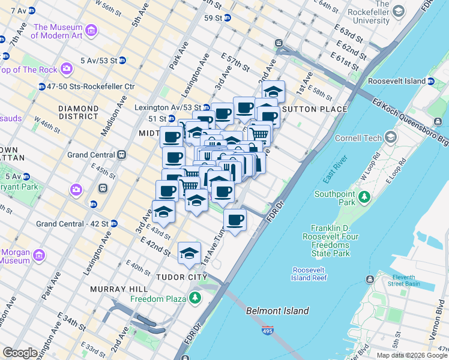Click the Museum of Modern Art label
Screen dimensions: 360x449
tap(58, 31)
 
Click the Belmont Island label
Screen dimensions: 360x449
tap(277, 311)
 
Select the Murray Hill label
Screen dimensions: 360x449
tap(115, 289)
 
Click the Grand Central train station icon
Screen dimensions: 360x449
tap(122, 154)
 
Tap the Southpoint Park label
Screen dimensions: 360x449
tap(336, 199)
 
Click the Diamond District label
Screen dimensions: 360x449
tap(78, 112)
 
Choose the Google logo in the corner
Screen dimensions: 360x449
tap(20, 353)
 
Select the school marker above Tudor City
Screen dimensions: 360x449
tap(189, 252)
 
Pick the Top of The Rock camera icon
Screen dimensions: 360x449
tap(67, 70)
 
